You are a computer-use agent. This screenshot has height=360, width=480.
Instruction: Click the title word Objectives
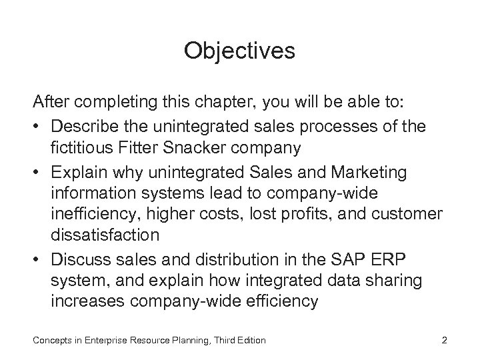point(239,51)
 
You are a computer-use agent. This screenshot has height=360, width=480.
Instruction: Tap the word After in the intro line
point(51,105)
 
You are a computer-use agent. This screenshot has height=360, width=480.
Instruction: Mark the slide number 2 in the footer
point(444,341)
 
